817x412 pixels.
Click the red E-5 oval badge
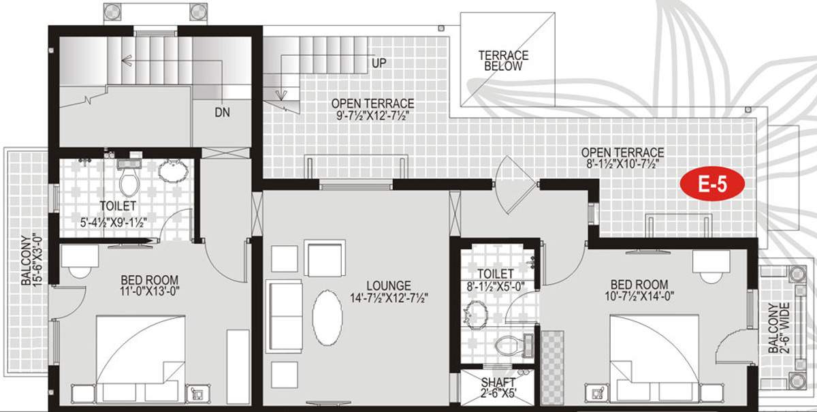click(712, 184)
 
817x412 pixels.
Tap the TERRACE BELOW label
click(504, 61)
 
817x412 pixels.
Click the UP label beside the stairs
click(379, 63)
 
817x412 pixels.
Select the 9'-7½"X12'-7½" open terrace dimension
click(372, 116)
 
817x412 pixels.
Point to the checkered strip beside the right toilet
click(551, 368)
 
